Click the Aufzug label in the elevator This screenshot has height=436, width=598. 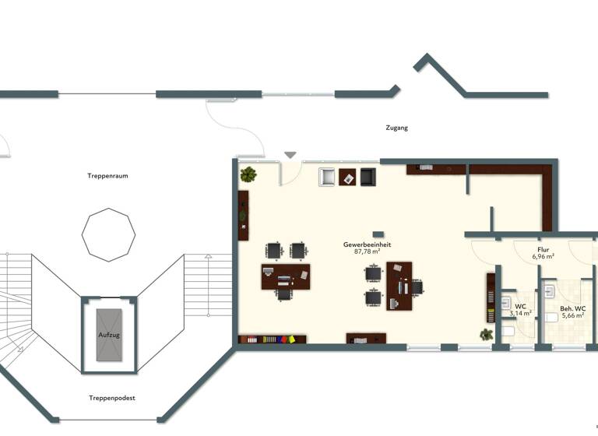coord(109,334)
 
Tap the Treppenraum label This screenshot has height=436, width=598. coord(107,176)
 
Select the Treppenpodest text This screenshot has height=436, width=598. coord(112,398)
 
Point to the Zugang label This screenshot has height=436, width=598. coord(396,128)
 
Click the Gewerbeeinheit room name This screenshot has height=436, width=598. coord(367,244)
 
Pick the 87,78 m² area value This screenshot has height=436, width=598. coord(367,252)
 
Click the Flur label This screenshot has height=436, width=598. coord(543,248)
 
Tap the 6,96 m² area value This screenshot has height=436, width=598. coord(543,256)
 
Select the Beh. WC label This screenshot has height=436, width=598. coord(572,308)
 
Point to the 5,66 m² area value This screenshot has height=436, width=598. coord(572,316)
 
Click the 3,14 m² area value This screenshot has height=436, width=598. coord(520,313)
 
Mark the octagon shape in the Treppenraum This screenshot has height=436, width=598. coord(109,234)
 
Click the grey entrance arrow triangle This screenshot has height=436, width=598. coord(290,155)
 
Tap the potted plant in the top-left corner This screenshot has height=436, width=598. coord(248,174)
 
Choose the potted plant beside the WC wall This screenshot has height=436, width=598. coord(487,335)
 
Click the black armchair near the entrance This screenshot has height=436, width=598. coord(368,178)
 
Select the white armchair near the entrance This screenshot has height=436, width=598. coord(327,178)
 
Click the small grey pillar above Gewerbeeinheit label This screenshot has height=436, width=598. coord(378,234)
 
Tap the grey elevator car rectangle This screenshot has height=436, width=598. coord(109,334)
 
